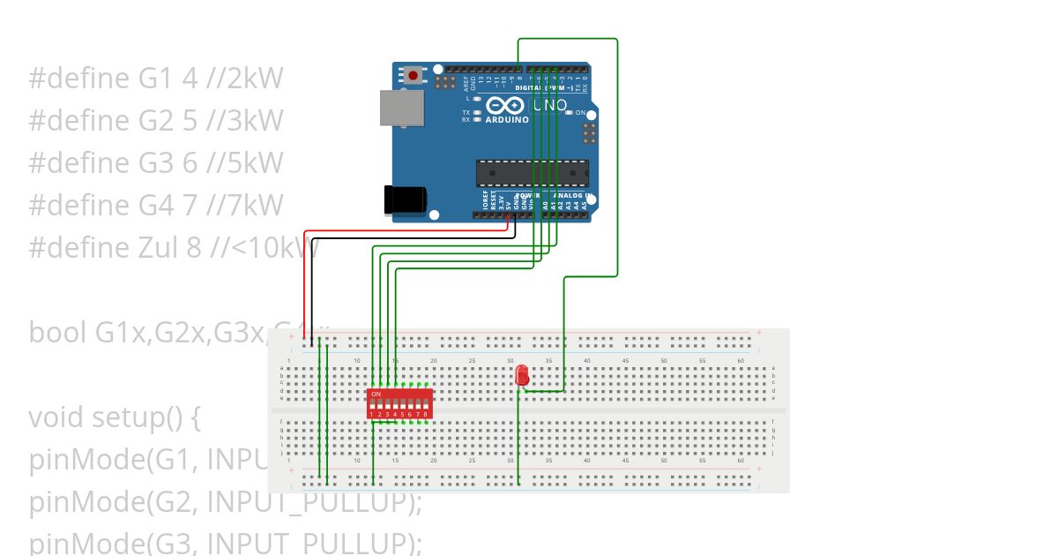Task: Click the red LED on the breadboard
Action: (x=522, y=375)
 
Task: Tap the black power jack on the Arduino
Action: (x=405, y=199)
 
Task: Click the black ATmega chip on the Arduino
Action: (x=532, y=174)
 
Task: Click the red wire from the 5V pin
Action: (x=406, y=232)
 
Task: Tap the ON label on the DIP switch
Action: (x=376, y=394)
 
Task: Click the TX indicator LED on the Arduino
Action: (x=477, y=113)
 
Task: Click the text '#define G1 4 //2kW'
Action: (x=156, y=79)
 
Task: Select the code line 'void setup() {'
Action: (x=115, y=417)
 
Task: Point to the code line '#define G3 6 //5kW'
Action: (x=156, y=163)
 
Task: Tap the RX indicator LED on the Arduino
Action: (x=477, y=119)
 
